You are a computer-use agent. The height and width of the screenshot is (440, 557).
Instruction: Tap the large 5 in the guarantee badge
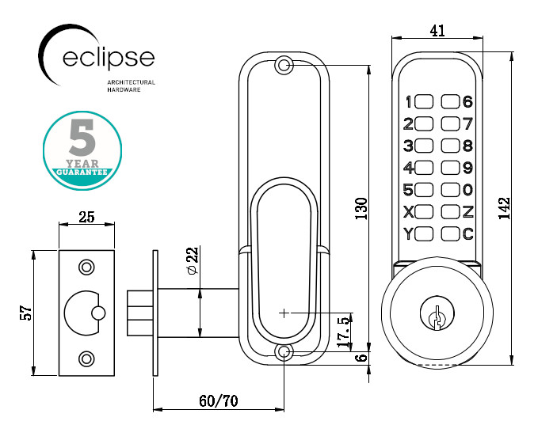pyautogui.click(x=82, y=138)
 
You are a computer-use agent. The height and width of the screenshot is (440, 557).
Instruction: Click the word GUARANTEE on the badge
pyautogui.click(x=82, y=172)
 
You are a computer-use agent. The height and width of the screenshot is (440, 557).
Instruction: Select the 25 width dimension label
pyautogui.click(x=86, y=217)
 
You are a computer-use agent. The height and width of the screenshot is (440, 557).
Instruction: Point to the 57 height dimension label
pyautogui.click(x=26, y=313)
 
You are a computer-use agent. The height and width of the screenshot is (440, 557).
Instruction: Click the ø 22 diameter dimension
pyautogui.click(x=193, y=260)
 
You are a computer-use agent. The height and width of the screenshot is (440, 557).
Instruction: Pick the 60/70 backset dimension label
pyautogui.click(x=219, y=401)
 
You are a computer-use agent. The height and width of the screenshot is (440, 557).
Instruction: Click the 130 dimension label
pyautogui.click(x=361, y=209)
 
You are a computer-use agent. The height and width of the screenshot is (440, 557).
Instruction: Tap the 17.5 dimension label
pyautogui.click(x=344, y=332)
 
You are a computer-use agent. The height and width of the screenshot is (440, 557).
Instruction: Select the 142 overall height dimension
pyautogui.click(x=505, y=208)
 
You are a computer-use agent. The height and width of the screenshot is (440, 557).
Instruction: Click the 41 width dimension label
pyautogui.click(x=437, y=31)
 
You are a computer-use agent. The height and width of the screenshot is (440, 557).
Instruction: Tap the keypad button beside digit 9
pyautogui.click(x=450, y=168)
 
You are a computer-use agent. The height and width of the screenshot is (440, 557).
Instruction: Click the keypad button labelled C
pyautogui.click(x=450, y=233)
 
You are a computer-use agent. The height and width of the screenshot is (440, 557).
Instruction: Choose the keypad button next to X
pyautogui.click(x=424, y=212)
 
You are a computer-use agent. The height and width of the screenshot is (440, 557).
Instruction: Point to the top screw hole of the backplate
pyautogui.click(x=283, y=66)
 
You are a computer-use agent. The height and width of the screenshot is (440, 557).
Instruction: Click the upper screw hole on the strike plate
pyautogui.click(x=86, y=267)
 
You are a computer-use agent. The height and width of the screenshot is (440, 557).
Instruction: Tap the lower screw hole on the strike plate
pyautogui.click(x=86, y=358)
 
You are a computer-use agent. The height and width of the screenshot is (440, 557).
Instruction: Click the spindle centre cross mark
pyautogui.click(x=284, y=313)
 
